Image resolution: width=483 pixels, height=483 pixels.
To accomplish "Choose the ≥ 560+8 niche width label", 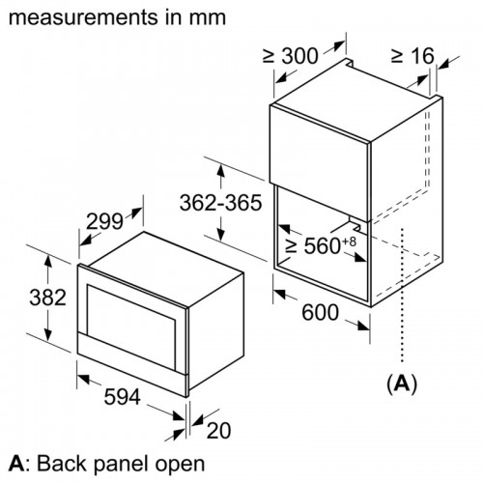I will [x=321, y=246].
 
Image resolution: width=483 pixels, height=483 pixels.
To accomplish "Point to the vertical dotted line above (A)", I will [x=399, y=309].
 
